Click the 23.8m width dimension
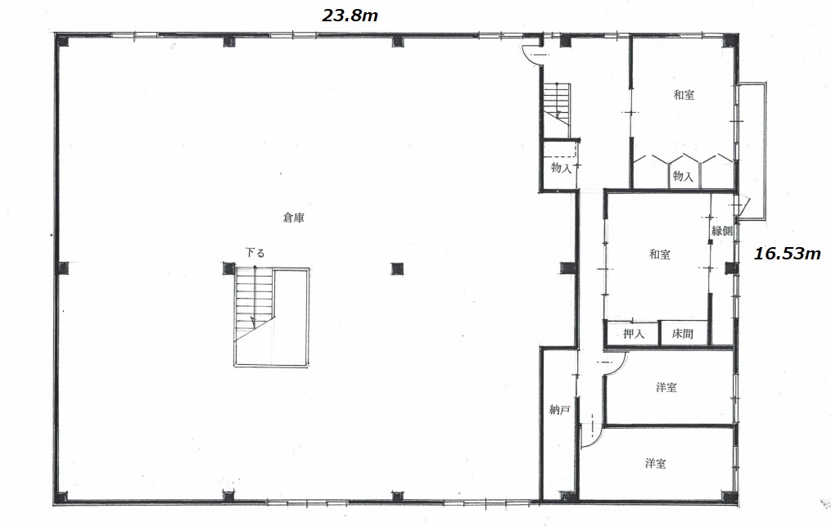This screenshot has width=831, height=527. (350, 16)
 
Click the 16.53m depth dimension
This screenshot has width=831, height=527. (787, 254)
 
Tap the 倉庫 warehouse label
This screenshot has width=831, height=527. (294, 217)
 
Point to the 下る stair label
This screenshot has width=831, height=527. (255, 253)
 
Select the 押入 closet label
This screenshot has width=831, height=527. (634, 334)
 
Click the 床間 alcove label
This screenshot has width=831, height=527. (683, 334)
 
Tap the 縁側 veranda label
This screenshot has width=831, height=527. (722, 231)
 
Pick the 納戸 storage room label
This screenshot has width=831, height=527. (560, 409)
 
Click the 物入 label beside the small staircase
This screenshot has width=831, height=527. (562, 168)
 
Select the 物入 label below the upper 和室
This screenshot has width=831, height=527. (683, 175)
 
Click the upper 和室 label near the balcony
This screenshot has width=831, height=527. (684, 95)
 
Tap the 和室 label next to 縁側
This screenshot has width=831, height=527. (660, 254)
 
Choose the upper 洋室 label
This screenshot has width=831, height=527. (666, 387)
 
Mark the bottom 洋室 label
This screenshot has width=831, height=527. (656, 463)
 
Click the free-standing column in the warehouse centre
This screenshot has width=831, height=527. (397, 268)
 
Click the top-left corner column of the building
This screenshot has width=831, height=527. (62, 40)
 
